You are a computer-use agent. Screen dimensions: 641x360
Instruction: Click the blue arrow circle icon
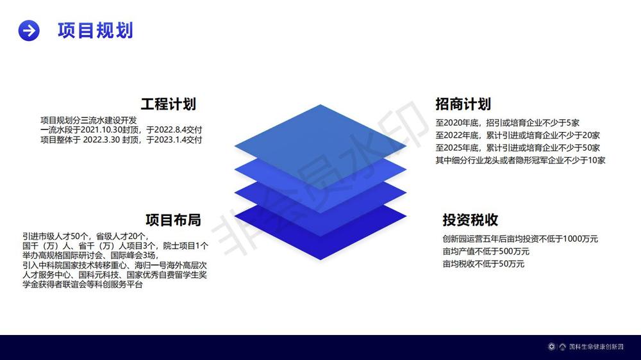tap(29, 30)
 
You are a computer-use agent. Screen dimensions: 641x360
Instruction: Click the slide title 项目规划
tap(96, 30)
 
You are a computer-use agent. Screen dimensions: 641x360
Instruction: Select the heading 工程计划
tap(169, 104)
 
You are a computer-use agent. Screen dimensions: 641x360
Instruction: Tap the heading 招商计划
tap(463, 104)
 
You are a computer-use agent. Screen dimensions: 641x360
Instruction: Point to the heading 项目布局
tap(173, 220)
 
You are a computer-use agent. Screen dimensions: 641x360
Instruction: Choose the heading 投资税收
tap(470, 220)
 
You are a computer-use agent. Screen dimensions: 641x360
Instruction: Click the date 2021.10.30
tap(102, 130)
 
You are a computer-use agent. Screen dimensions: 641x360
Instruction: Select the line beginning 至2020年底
tap(507, 122)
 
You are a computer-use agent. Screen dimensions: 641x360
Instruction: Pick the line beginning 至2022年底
tap(517, 135)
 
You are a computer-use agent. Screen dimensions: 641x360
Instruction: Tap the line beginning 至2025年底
tap(517, 148)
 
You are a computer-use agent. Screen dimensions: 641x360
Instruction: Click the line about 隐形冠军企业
tap(520, 161)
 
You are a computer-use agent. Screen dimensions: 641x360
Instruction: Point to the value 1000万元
tap(581, 239)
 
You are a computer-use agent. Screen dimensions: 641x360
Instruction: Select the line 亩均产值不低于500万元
tap(486, 251)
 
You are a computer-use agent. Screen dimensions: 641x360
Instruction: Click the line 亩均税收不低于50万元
tap(483, 264)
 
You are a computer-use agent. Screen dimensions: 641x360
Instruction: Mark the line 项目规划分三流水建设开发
tap(88, 120)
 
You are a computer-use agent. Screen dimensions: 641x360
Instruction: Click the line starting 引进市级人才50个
tap(85, 236)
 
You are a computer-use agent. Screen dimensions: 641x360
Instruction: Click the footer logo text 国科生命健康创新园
tap(596, 347)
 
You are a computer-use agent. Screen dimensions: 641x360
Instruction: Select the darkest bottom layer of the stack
tap(320, 245)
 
